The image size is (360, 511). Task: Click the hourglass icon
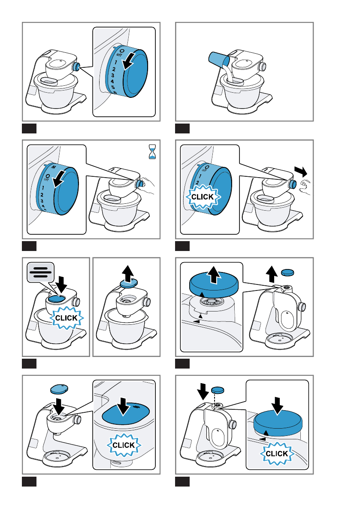tap(152, 152)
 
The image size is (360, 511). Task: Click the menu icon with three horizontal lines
tap(41, 272)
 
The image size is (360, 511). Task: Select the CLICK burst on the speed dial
tap(203, 197)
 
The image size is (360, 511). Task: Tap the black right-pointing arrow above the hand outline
tap(301, 171)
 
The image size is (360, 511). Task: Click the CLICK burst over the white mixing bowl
tap(67, 318)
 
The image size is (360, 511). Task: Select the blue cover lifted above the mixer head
tap(129, 283)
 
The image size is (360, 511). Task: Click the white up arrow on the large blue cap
tap(214, 275)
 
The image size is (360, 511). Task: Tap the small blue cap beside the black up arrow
tap(287, 272)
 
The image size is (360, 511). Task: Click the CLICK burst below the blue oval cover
tap(124, 445)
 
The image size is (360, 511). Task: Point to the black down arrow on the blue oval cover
tap(123, 406)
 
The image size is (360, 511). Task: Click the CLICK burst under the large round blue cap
tap(277, 454)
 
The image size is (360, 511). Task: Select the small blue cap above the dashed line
tap(218, 390)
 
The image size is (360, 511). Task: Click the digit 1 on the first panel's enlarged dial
tap(116, 62)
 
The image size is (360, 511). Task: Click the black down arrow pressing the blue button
tap(61, 284)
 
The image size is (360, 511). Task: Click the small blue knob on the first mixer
tap(76, 67)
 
